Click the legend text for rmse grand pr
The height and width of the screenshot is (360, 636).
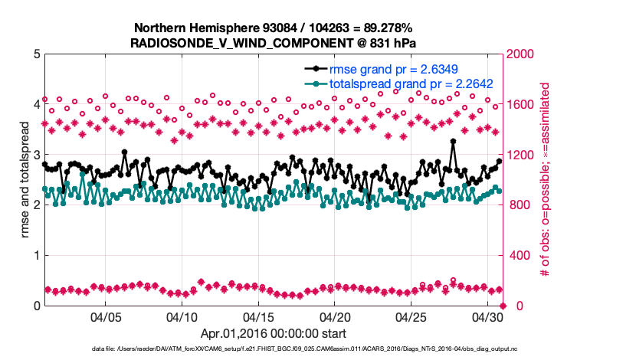click(x=410, y=68)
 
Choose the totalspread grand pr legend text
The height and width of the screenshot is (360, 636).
click(x=410, y=83)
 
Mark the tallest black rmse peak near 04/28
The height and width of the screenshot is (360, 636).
click(x=453, y=142)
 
